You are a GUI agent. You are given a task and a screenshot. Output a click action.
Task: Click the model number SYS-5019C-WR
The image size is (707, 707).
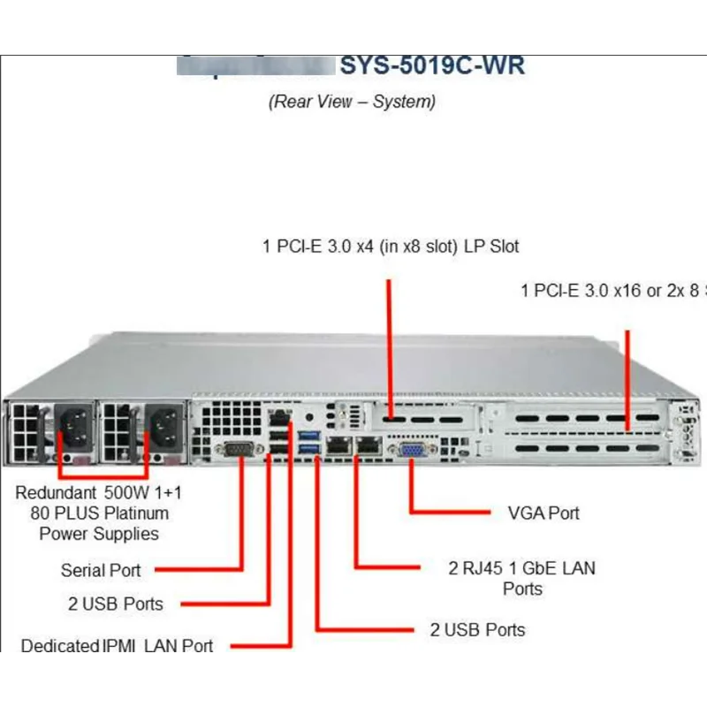(432, 65)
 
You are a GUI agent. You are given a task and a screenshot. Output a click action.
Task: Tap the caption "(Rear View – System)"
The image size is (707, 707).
(352, 101)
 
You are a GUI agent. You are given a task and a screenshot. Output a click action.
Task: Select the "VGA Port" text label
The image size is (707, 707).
(544, 513)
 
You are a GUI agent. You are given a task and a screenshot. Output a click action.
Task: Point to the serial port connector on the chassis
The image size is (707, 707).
(237, 451)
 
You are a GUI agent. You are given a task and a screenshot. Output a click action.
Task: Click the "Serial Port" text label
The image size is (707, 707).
(101, 570)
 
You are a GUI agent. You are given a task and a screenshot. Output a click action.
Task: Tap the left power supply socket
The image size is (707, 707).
(72, 429)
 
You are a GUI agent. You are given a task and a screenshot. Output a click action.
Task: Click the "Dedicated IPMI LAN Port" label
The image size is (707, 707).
(118, 646)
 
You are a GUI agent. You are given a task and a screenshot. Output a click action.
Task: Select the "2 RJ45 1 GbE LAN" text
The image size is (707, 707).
(521, 568)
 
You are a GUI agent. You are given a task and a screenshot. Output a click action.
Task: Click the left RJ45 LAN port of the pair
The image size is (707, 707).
(338, 446)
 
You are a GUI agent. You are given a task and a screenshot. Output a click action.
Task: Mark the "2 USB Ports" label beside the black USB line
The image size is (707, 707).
(116, 604)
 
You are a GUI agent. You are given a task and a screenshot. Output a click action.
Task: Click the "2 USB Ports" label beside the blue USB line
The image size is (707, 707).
(477, 629)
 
